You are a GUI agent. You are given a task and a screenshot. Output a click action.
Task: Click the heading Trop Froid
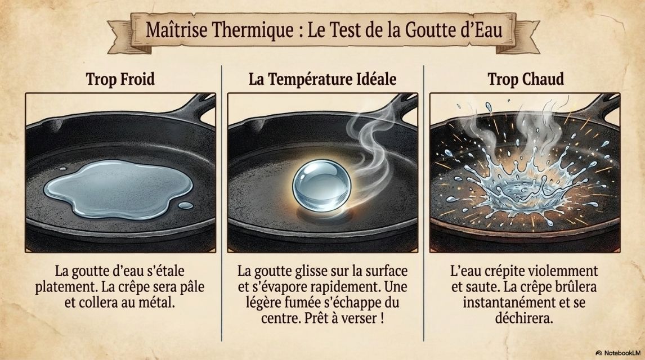click(x=120, y=79)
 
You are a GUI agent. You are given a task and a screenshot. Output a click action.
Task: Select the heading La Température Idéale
click(x=322, y=79)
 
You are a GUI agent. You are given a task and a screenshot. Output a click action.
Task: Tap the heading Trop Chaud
click(x=526, y=79)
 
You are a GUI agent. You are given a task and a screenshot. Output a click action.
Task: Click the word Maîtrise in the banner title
click(x=176, y=30)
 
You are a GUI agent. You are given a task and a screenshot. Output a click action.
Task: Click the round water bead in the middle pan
click(x=322, y=186)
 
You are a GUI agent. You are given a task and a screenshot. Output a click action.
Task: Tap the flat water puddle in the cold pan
click(x=118, y=188)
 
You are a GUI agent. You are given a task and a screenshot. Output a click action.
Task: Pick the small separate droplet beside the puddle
click(x=186, y=205)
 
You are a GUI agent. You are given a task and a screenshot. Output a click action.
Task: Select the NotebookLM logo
click(x=618, y=353)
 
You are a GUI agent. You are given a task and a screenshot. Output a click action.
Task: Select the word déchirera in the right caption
click(x=523, y=318)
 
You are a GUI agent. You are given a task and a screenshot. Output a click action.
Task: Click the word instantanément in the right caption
click(x=507, y=303)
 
